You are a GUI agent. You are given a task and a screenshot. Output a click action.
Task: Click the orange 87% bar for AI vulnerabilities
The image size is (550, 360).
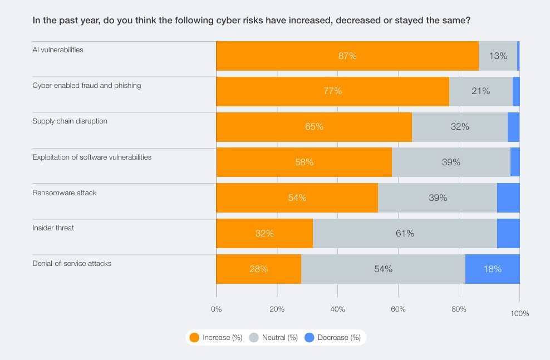[347, 56]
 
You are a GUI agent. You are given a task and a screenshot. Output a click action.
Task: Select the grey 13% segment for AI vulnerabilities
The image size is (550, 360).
[498, 56]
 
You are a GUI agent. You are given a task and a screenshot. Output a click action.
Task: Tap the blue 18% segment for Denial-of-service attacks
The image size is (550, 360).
[492, 269]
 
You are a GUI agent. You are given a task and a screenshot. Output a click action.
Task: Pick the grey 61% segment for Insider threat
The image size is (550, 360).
[405, 234]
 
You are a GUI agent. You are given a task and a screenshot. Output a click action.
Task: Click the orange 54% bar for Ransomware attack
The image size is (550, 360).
[297, 198]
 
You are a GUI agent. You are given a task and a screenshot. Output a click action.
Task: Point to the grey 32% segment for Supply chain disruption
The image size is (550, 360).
[460, 127]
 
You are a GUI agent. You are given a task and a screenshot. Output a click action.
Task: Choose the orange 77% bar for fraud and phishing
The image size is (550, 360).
[332, 91]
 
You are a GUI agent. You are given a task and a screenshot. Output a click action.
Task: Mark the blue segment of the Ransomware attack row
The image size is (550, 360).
[508, 198]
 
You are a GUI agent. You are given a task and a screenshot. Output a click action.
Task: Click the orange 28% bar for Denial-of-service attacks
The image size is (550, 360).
[258, 269]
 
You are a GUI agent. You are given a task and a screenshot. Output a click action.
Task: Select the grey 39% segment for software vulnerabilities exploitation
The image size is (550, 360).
[451, 162]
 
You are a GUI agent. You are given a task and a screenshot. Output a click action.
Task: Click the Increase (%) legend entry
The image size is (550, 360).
[216, 337]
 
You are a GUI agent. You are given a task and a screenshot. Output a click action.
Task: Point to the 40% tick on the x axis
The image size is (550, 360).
[337, 309]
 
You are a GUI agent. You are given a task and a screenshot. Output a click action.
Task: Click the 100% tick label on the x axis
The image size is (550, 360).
[519, 314]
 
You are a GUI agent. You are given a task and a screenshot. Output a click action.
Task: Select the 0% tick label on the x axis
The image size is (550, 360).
[217, 309]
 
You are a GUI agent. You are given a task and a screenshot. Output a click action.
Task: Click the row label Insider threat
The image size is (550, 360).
[53, 228]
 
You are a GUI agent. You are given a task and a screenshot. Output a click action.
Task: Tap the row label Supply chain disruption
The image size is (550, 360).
[70, 121]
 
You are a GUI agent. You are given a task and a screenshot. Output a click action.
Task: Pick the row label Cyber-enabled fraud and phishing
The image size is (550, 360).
[86, 85]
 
